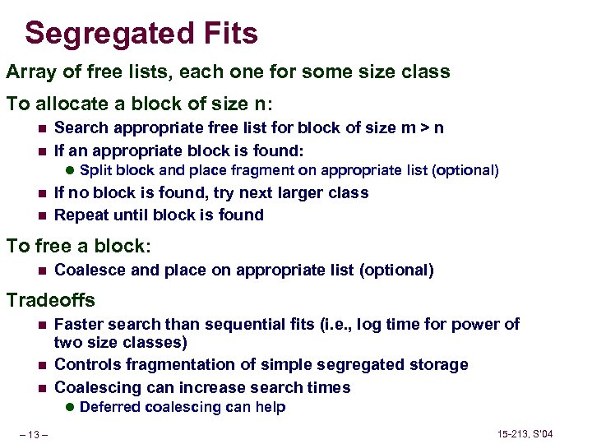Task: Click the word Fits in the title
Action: tap(227, 34)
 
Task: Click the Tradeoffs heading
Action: tap(51, 300)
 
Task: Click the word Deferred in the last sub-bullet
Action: tap(110, 407)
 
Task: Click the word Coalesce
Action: tap(89, 269)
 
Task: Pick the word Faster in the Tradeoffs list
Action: tap(78, 324)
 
